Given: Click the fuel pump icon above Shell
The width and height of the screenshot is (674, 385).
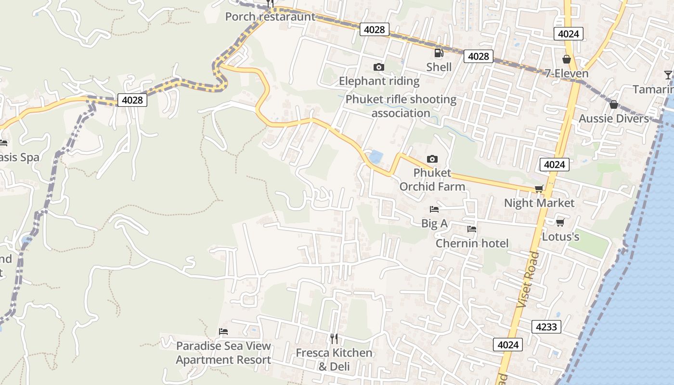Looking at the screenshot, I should click(439, 53).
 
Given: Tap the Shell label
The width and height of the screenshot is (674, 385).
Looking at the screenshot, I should click(439, 67).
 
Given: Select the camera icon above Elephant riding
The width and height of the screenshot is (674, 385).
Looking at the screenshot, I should click(379, 67).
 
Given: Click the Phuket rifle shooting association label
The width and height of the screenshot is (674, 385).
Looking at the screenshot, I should click(401, 106).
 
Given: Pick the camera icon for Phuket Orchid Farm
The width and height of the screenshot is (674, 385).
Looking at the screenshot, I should click(432, 159).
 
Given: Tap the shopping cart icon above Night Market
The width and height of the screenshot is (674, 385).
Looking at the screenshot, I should click(539, 189).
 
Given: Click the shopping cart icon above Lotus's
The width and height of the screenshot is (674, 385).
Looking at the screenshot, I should click(560, 222).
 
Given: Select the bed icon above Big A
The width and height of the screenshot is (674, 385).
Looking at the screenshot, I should click(434, 209).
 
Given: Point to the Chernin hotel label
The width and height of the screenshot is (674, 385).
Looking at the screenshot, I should click(472, 243).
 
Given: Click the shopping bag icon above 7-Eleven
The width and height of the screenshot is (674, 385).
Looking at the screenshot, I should click(567, 59).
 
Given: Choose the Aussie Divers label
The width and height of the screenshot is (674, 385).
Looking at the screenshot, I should click(613, 118).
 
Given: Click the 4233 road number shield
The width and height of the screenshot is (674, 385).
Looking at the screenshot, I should click(546, 327).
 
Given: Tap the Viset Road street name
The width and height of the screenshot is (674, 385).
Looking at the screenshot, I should click(529, 280).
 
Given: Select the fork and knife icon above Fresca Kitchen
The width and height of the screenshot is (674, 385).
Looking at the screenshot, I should click(334, 338).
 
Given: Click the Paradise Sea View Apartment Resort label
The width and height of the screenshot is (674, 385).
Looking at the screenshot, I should click(223, 353).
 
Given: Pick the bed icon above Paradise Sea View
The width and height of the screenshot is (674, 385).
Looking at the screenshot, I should click(223, 332).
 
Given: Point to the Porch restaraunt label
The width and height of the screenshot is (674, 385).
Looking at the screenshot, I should click(270, 17).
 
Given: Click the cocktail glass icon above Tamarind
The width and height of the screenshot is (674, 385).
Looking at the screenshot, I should click(668, 75).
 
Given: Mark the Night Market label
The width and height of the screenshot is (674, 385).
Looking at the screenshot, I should click(539, 203).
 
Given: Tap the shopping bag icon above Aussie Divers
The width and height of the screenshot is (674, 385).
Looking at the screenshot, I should click(614, 104).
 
